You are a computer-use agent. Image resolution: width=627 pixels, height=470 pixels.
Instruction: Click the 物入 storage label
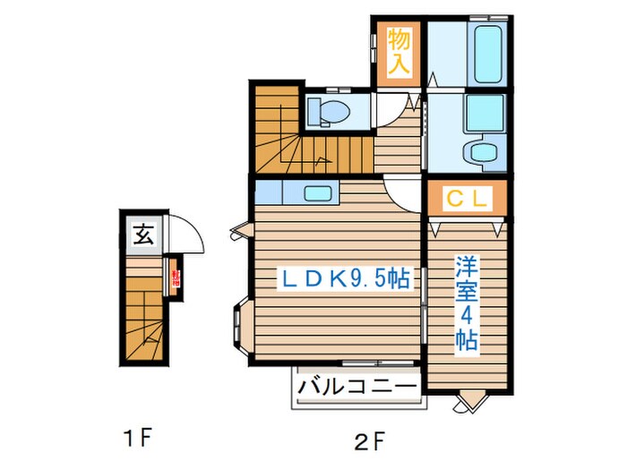point(398,51)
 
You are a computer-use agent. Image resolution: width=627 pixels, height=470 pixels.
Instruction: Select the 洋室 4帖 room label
point(466,303)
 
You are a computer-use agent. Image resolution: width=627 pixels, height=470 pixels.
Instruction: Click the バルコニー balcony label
point(356,388)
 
